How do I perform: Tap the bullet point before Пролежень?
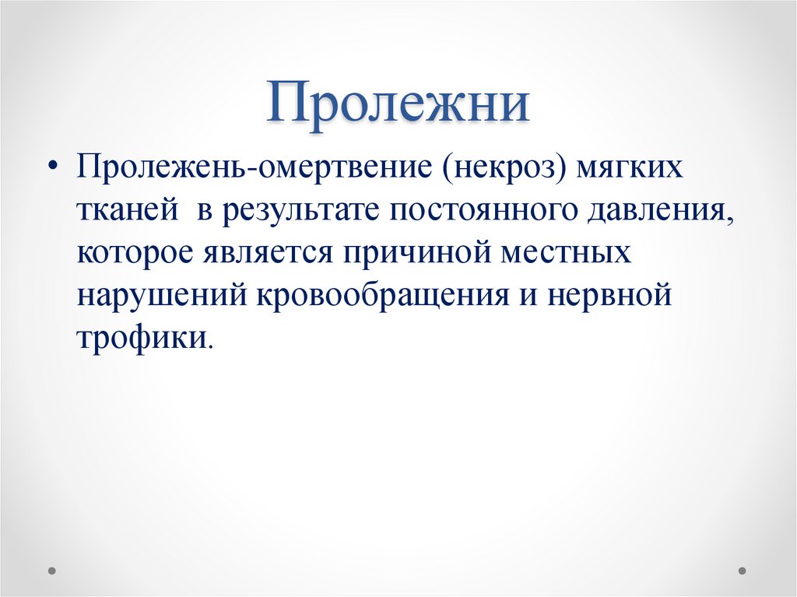[x=52, y=169]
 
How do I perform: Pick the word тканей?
[x=122, y=212]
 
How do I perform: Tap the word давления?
[x=661, y=212]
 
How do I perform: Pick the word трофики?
[x=142, y=338]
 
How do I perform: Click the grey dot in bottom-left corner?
[x=52, y=570]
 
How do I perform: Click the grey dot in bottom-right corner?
[x=743, y=570]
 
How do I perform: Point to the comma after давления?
[x=730, y=222]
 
